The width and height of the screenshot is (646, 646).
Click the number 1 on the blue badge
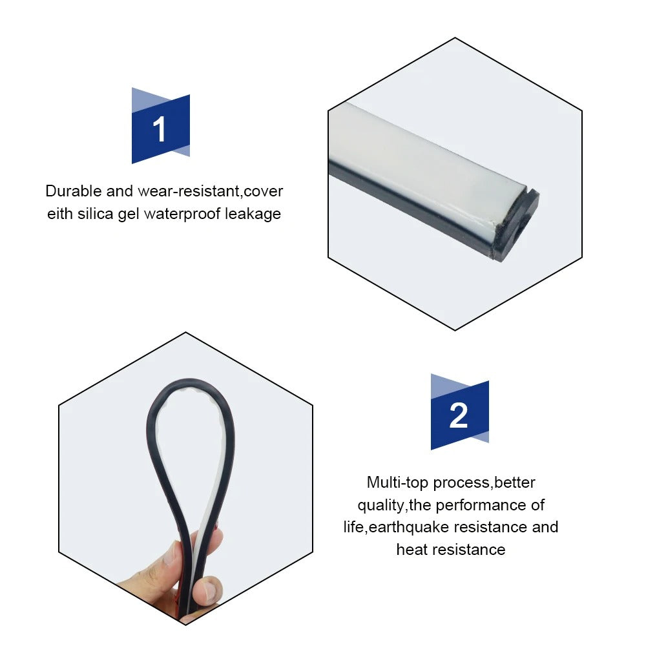160,129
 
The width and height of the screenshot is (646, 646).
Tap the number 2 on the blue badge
459,415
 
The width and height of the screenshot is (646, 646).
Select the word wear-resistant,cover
211,191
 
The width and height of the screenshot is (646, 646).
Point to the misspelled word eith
59,214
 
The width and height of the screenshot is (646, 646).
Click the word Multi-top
397,483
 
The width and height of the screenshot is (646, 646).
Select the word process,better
484,483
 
